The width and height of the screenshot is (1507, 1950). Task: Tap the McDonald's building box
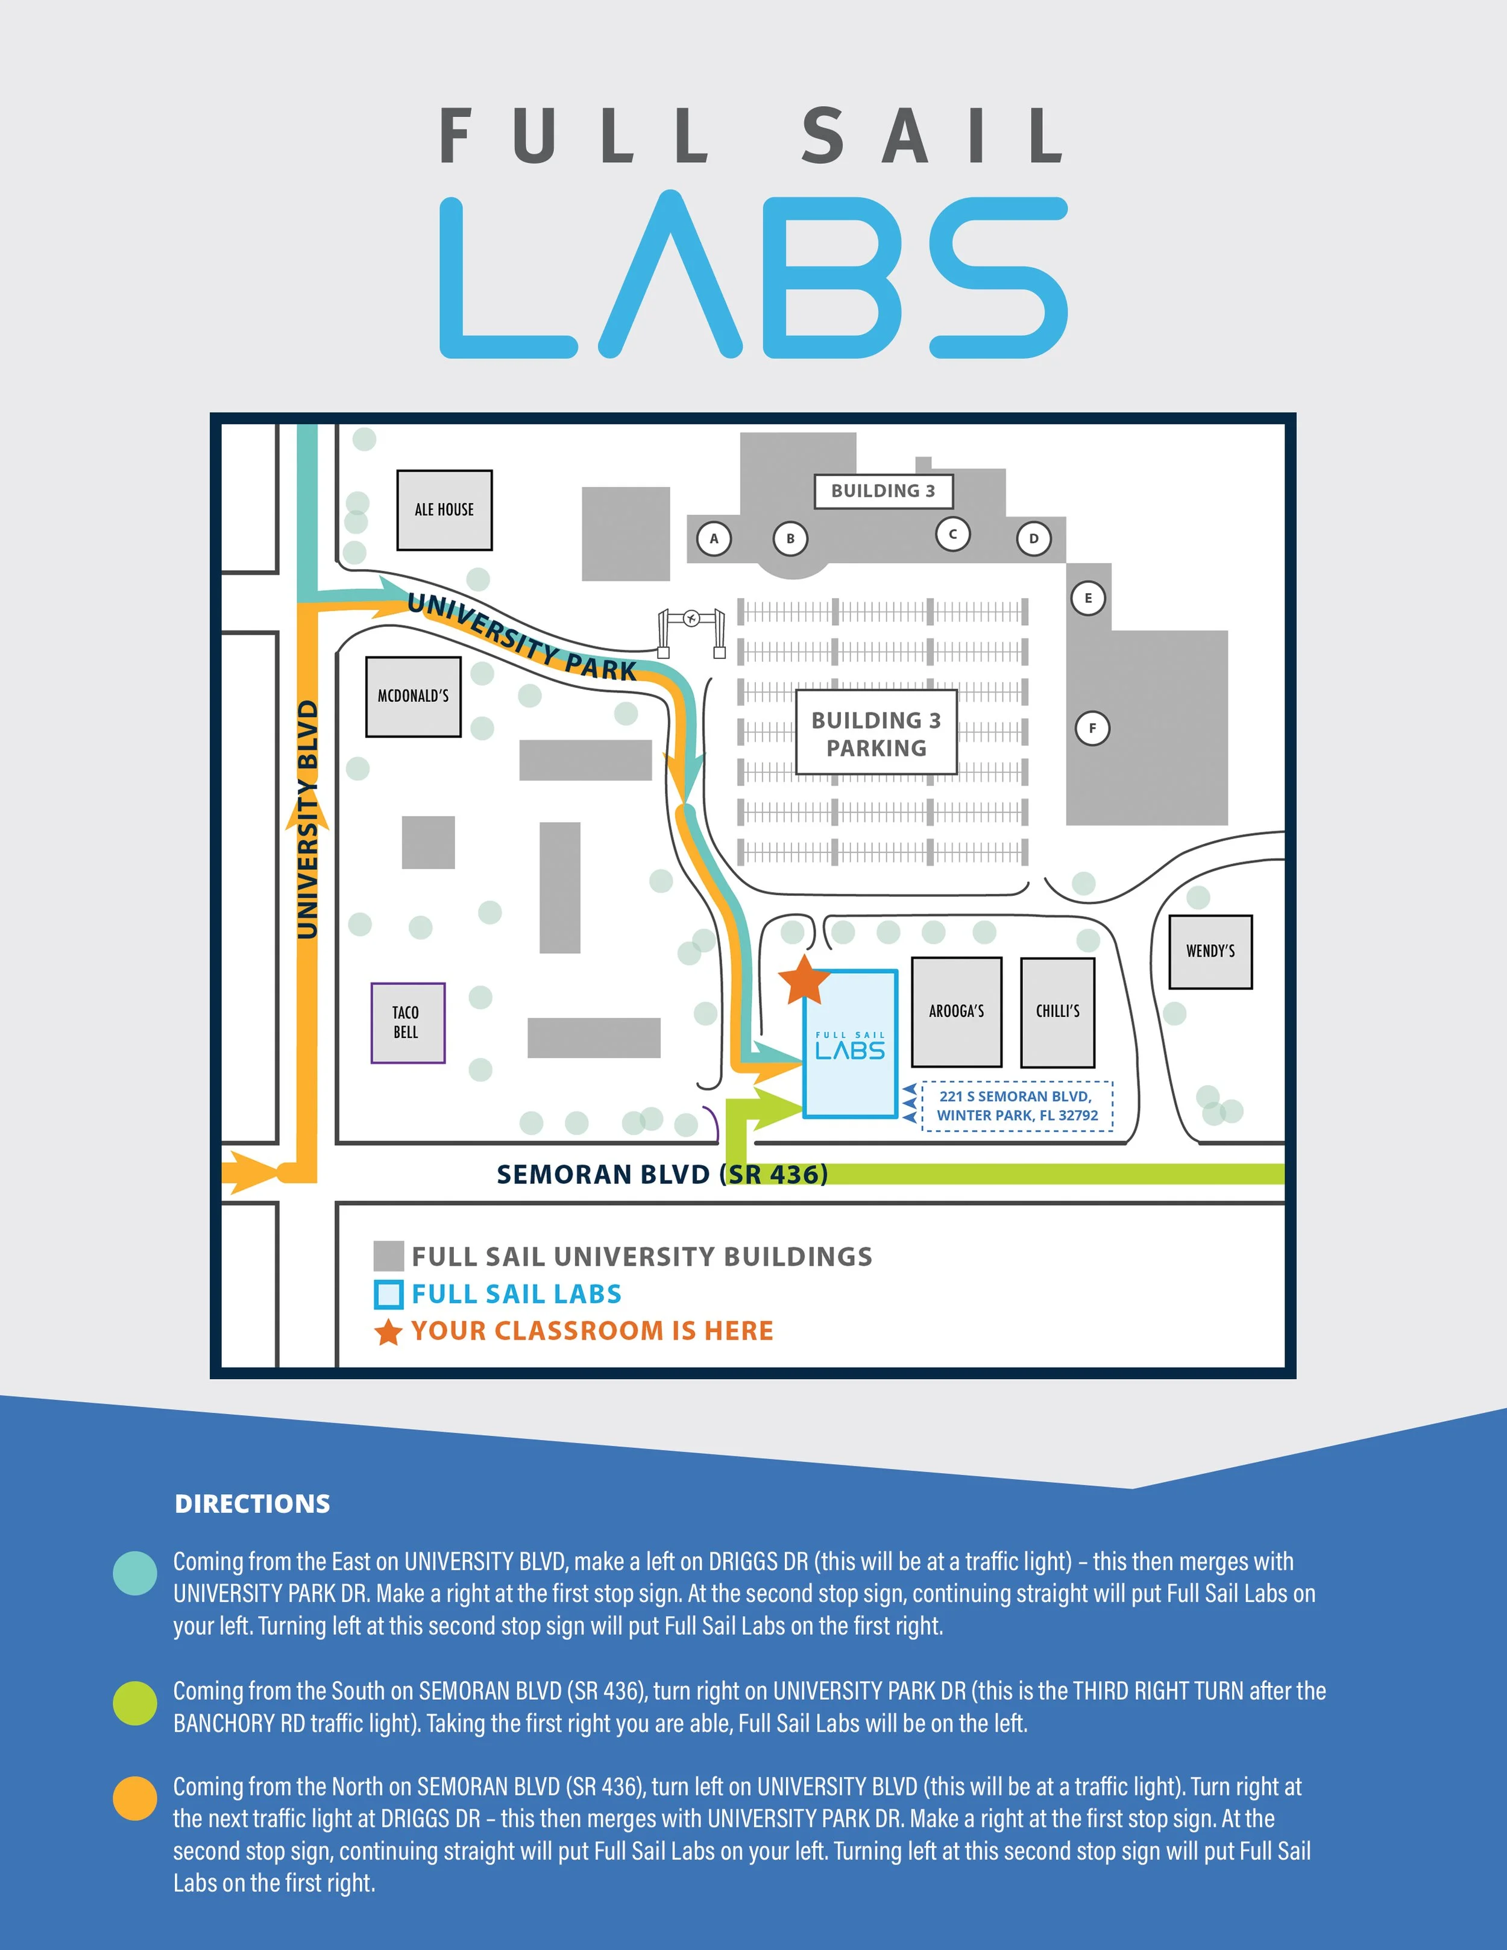point(414,696)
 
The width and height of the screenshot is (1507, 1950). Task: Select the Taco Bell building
point(408,1022)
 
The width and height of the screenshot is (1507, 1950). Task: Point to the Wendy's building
point(1210,952)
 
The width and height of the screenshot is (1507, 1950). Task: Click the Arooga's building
point(956,1011)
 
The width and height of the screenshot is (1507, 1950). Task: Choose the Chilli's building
point(1058,1013)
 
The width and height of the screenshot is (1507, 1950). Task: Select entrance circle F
point(1092,729)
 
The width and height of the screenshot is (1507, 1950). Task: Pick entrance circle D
point(1034,538)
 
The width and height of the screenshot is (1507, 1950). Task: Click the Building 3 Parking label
point(876,733)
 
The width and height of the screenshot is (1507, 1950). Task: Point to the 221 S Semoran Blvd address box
point(1017,1106)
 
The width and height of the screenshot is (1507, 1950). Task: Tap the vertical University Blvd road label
point(307,820)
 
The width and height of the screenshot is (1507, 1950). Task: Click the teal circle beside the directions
point(136,1573)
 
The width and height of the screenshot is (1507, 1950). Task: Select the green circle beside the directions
point(136,1703)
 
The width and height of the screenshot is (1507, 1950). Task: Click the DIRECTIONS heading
point(253,1503)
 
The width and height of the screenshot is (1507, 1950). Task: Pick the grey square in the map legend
point(388,1256)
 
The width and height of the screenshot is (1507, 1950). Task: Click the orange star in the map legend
point(388,1332)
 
